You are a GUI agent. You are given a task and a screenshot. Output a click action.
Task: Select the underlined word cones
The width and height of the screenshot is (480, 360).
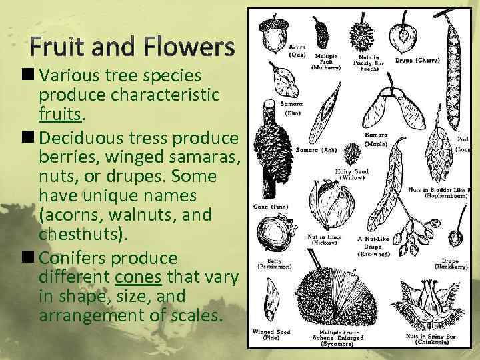pos(136,277)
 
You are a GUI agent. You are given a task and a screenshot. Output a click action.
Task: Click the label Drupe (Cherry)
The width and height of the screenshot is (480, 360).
pos(417,61)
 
